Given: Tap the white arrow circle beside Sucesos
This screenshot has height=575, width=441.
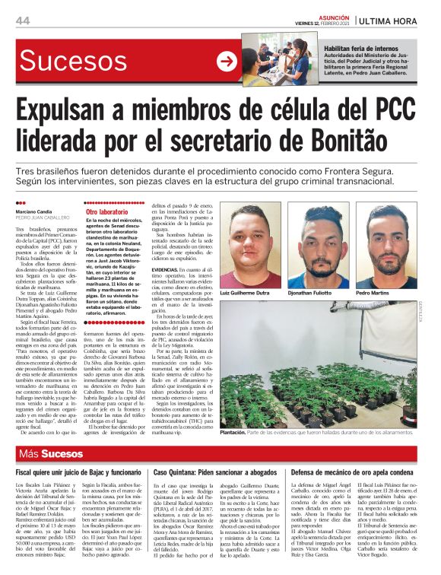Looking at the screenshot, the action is pos(227,61).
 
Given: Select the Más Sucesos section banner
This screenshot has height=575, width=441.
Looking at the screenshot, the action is pos(52,455).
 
